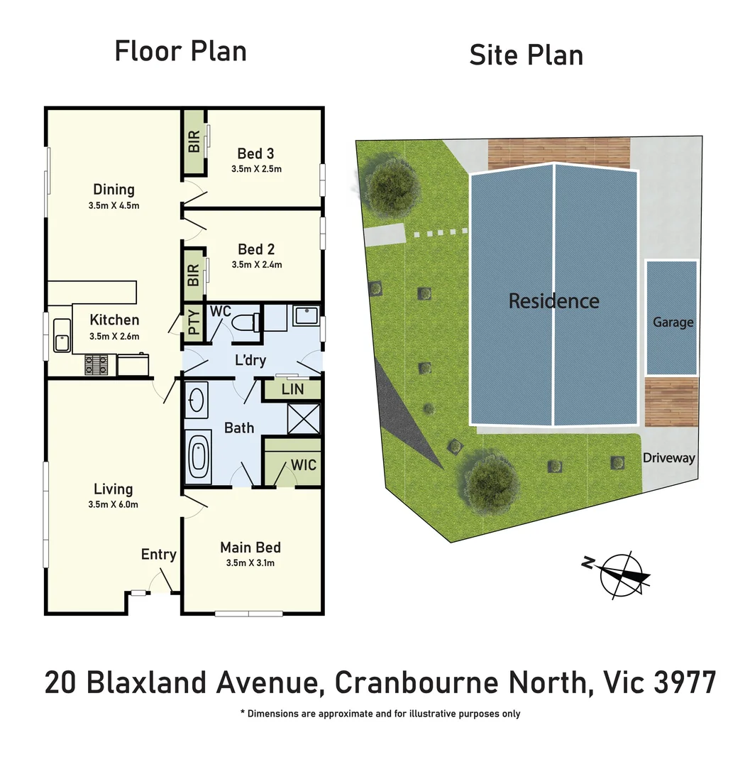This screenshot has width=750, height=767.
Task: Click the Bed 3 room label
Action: (255, 153)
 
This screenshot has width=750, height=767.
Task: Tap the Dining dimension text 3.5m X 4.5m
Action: (114, 206)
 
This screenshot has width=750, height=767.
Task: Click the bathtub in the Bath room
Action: (199, 458)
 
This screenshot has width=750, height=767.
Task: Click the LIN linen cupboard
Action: (292, 388)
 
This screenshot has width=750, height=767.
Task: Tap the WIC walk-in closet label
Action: (303, 465)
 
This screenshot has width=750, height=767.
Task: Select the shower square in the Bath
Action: (303, 419)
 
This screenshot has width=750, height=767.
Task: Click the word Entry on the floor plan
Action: (158, 555)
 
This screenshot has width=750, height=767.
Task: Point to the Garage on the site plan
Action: (672, 321)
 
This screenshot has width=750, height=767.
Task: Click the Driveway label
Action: (668, 458)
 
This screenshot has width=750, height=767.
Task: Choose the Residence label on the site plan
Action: (553, 301)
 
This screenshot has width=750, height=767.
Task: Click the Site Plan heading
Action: (526, 55)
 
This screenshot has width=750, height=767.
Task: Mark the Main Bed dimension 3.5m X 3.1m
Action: (250, 564)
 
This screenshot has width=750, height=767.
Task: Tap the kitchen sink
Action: (61, 336)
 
